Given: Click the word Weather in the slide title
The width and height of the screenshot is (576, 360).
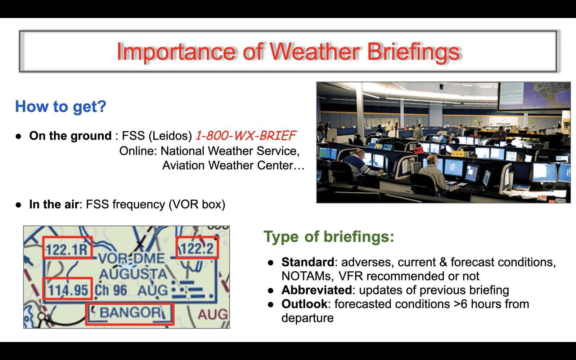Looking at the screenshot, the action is pos(315,51).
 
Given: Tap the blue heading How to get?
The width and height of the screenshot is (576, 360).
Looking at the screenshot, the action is pos(61,107).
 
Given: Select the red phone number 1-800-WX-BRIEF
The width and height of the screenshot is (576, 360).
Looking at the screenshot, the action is pos(246,136).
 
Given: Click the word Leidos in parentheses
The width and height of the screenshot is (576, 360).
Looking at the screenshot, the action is pos(170,136).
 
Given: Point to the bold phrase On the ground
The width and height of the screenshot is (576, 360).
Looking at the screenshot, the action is pos(70,136).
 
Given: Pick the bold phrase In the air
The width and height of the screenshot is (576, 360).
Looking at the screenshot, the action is pos(54,204).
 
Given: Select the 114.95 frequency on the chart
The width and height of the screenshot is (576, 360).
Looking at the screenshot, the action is pos(68,290).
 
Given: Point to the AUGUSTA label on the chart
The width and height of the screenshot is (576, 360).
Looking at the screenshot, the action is pos(133,274).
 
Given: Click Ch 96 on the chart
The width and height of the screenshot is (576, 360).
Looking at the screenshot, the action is pos(111,291).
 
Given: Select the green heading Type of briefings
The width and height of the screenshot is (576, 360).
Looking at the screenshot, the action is pos(329,237).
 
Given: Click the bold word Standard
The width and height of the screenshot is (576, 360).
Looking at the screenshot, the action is pos(308,262).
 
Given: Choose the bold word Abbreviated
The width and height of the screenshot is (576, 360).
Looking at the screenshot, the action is pos(316,290).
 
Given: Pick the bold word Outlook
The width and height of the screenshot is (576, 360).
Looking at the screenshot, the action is pos(305,304).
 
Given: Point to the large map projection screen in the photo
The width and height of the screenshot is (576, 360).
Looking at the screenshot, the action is pos(534,96).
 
